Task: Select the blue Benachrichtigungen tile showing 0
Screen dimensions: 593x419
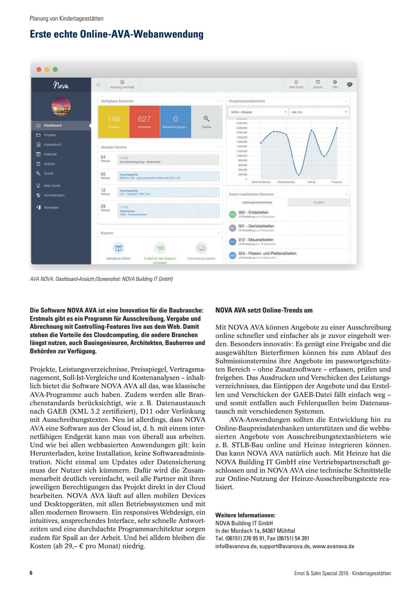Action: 175,122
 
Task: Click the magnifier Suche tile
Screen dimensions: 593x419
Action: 207,122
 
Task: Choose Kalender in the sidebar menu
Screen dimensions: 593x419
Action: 50,154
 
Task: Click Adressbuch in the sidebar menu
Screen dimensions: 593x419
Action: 53,145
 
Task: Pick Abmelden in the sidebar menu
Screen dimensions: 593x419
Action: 51,207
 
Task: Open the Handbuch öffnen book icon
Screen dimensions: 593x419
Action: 118,248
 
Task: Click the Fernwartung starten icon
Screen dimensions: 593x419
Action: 201,248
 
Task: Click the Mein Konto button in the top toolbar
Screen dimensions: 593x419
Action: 296,84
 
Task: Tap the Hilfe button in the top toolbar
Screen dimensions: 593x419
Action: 335,84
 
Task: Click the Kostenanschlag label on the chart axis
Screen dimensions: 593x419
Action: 286,182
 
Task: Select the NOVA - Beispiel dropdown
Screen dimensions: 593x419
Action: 258,112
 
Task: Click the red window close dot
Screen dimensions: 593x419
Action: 39,69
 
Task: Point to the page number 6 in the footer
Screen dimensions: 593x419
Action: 31,573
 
